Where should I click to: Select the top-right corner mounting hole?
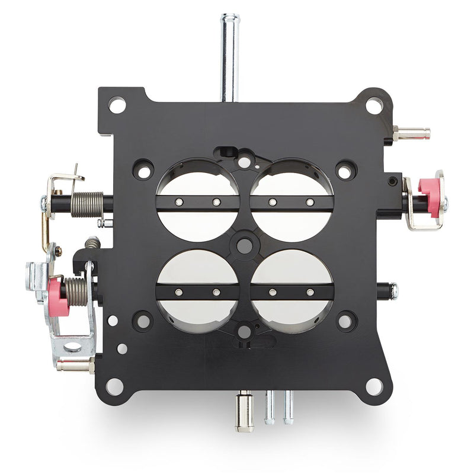click(374, 106)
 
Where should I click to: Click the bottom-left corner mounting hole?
click(115, 386)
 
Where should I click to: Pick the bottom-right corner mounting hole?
click(374, 386)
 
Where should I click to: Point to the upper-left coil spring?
click(87, 203)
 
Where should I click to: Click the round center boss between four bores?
click(244, 244)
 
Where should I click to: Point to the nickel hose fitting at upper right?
click(411, 133)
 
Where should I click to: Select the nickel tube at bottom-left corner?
click(75, 365)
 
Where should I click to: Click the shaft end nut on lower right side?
click(393, 291)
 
